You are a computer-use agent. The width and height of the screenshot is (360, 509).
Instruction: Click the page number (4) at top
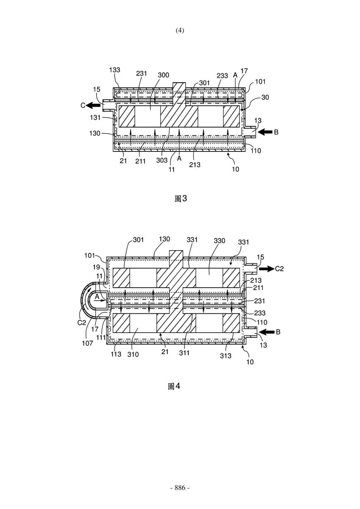pyautogui.click(x=180, y=31)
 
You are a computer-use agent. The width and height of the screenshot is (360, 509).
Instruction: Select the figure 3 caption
pyautogui.click(x=181, y=199)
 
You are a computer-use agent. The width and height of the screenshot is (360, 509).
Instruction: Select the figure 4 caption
pyautogui.click(x=174, y=386)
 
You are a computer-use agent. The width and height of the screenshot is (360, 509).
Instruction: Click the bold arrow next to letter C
pyautogui.click(x=94, y=105)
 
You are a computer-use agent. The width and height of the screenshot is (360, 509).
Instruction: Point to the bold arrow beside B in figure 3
pyautogui.click(x=265, y=132)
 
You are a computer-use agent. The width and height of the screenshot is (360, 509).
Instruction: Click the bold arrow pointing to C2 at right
pyautogui.click(x=266, y=268)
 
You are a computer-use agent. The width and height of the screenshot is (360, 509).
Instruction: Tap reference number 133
pyautogui.click(x=114, y=70)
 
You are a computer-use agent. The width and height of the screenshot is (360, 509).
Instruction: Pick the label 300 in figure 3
pyautogui.click(x=163, y=75)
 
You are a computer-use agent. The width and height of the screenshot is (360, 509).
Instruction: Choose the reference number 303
pyautogui.click(x=162, y=160)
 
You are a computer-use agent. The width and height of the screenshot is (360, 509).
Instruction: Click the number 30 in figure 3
pyautogui.click(x=265, y=97)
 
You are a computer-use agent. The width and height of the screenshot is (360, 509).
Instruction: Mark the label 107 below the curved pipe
pyautogui.click(x=87, y=343)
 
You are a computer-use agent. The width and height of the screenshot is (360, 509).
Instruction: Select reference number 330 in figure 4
pyautogui.click(x=219, y=241)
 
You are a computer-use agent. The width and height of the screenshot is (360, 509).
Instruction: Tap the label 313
pyautogui.click(x=226, y=355)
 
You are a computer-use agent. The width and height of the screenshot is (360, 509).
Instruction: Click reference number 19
pyautogui.click(x=96, y=267)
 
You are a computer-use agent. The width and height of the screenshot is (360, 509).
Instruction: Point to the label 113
pyautogui.click(x=116, y=354)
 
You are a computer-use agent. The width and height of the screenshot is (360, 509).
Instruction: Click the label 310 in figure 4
pyautogui.click(x=133, y=354)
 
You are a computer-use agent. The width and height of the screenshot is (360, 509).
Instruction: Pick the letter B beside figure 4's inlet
pyautogui.click(x=278, y=332)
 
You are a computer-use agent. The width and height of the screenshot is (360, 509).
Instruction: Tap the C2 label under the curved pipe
pyautogui.click(x=82, y=322)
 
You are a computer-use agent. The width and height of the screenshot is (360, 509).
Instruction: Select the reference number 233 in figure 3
pyautogui.click(x=222, y=76)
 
